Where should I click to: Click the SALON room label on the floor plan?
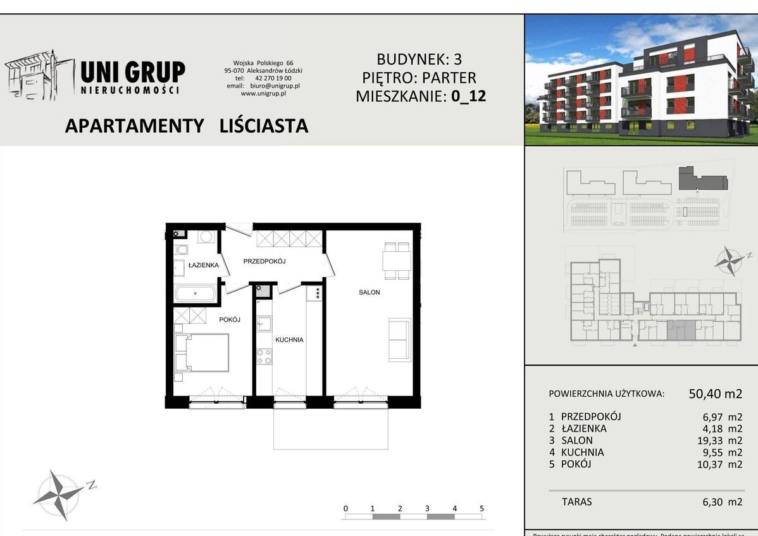tap(369, 292)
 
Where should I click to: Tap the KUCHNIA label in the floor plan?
tap(289, 340)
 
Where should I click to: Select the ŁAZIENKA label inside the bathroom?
tap(203, 265)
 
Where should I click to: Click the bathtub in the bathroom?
tap(196, 293)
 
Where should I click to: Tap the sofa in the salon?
tap(399, 339)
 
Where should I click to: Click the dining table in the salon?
tap(397, 260)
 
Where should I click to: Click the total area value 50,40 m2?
tap(716, 394)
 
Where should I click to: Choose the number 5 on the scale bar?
tap(482, 508)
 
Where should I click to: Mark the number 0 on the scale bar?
tap(345, 508)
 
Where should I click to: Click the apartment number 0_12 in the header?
tap(468, 97)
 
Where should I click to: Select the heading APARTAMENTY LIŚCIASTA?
tap(187, 126)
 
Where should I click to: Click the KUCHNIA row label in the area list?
tap(582, 452)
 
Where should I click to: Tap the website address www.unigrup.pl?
tap(264, 93)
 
